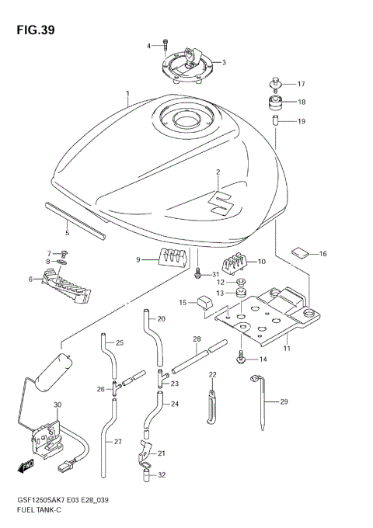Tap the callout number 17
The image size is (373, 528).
301,84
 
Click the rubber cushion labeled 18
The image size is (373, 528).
277,103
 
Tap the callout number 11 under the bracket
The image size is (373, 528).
288,349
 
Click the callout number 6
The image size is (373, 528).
31,280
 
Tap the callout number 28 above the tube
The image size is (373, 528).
197,339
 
